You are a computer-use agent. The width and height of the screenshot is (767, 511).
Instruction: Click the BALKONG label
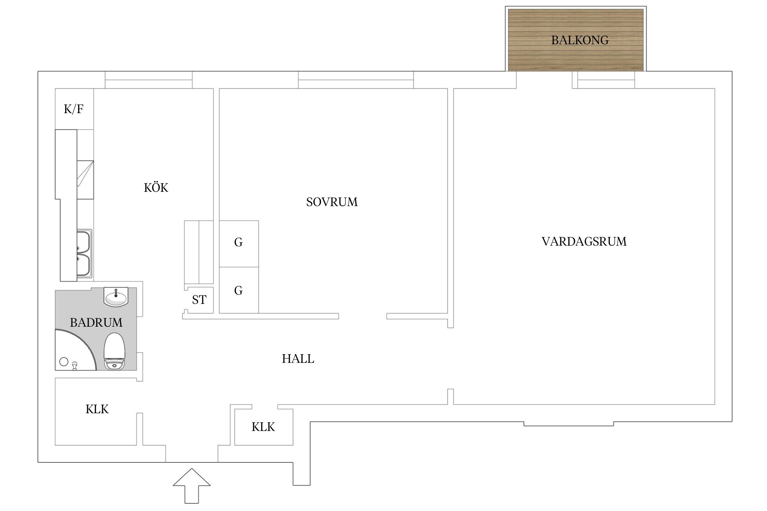coord(580,40)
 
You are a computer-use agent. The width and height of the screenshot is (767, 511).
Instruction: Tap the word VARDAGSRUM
coord(584,242)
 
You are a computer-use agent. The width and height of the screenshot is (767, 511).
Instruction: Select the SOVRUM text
coord(332,202)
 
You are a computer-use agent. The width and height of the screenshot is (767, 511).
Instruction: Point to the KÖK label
coord(156,187)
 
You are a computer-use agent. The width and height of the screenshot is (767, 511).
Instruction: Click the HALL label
coord(298,359)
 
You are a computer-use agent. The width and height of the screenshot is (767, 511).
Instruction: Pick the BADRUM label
coord(96,322)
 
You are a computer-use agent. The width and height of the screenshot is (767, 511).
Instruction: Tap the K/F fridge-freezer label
coord(74,109)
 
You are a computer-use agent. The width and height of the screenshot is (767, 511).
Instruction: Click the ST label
coord(199,300)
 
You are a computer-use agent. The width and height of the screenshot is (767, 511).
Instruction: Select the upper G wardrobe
coord(239,244)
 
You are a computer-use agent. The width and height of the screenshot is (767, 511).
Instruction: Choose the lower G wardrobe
coord(239,290)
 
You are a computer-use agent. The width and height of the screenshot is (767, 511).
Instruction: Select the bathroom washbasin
coord(116,297)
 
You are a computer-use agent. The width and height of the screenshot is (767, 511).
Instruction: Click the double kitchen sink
coord(84,254)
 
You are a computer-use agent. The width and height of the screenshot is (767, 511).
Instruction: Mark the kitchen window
coord(148,80)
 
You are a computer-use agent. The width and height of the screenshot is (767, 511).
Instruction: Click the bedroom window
coord(356,80)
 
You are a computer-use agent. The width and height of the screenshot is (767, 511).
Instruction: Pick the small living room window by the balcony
coord(603,80)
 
